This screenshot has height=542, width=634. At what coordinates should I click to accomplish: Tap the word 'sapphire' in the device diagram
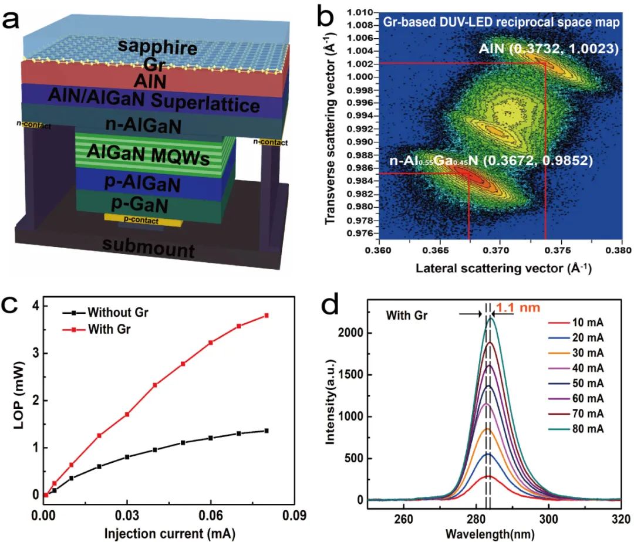[x=157, y=48]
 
